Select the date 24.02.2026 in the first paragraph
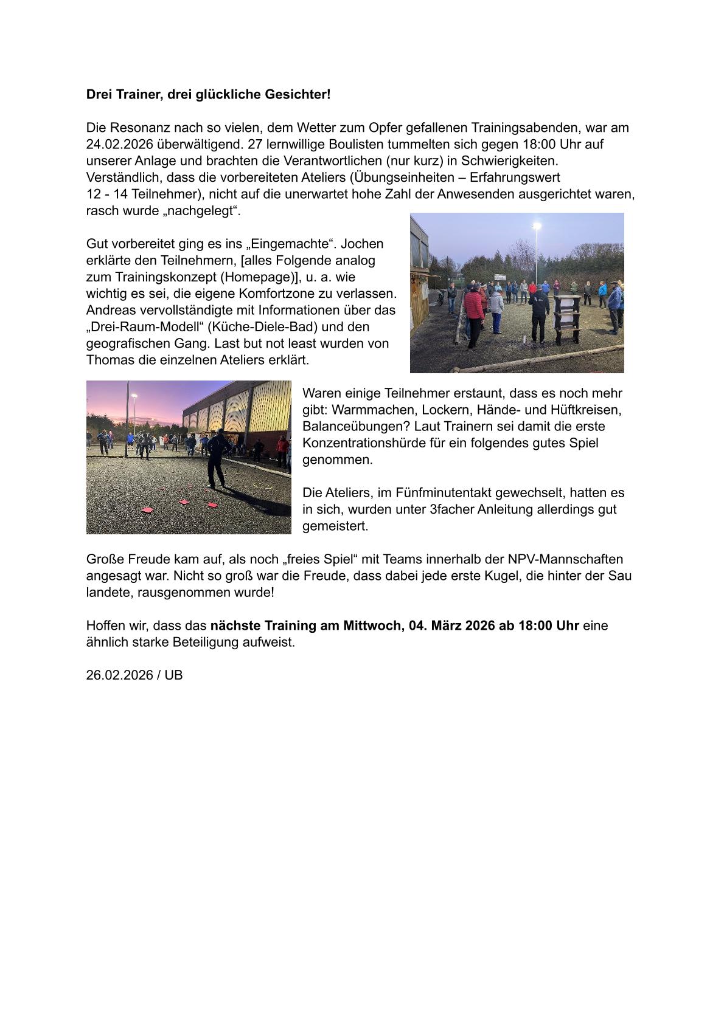[x=120, y=145]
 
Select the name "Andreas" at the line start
[x=110, y=310]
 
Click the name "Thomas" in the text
[x=108, y=360]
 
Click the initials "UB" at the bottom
[x=173, y=675]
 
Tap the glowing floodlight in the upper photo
[x=537, y=226]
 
